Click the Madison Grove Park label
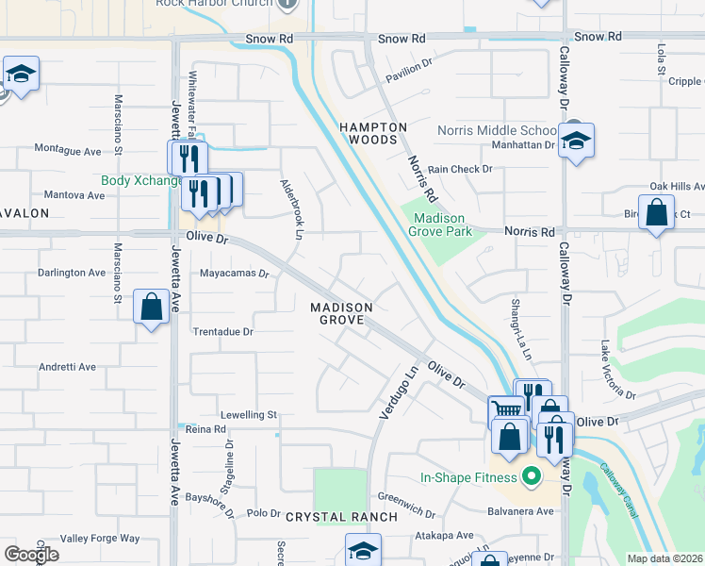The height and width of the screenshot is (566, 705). [442, 224]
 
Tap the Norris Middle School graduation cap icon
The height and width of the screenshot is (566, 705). [575, 141]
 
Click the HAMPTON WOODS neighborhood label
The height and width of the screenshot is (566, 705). [373, 133]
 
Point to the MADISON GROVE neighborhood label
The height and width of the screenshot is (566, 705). [342, 314]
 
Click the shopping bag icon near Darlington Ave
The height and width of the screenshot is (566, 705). [151, 307]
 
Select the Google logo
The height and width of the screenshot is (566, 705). [31, 555]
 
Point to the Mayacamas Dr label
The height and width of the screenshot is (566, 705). [235, 275]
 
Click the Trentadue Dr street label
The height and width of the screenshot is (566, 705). [223, 332]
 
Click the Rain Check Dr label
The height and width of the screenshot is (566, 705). [460, 170]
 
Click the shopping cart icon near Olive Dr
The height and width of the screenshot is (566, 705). [507, 409]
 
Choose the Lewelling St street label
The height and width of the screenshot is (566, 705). [248, 414]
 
